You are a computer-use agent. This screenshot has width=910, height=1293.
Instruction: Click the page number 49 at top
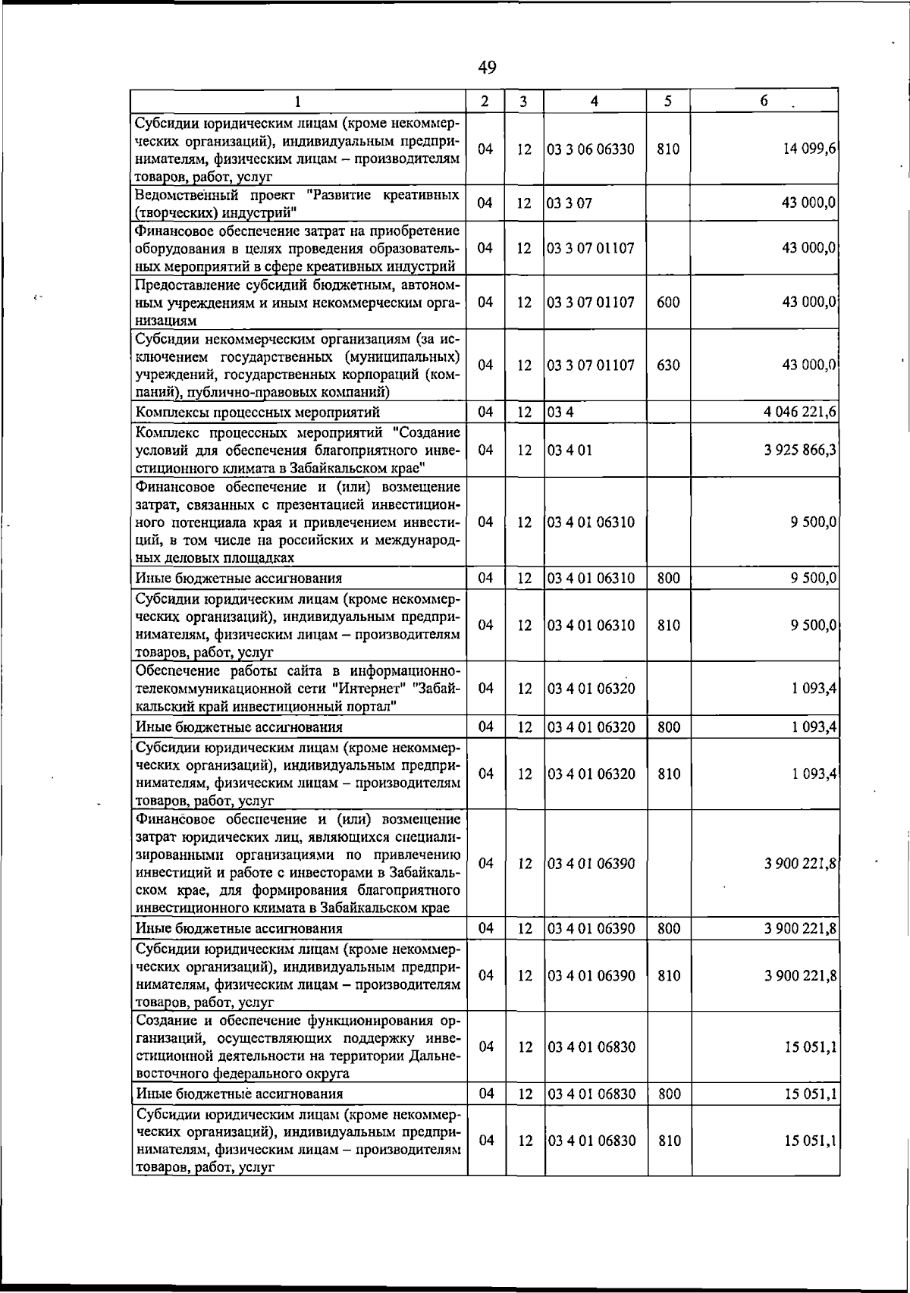click(x=488, y=68)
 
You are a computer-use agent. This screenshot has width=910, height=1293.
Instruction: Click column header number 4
click(x=595, y=101)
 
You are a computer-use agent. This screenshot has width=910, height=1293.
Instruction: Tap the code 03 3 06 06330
click(x=591, y=149)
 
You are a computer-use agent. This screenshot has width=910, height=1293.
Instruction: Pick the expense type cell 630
click(x=668, y=365)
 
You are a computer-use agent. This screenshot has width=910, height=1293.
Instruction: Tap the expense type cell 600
click(x=668, y=302)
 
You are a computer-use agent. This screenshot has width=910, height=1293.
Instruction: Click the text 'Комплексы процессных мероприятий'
click(x=257, y=413)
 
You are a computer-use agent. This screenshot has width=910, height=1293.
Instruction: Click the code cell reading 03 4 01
click(x=570, y=450)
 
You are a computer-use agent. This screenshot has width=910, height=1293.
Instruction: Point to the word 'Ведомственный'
click(x=183, y=195)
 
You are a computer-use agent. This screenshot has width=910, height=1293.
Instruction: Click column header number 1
click(x=297, y=101)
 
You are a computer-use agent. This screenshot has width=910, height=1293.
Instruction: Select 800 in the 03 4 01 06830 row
click(x=669, y=1094)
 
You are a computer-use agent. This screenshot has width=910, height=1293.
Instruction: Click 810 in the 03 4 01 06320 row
click(x=669, y=774)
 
